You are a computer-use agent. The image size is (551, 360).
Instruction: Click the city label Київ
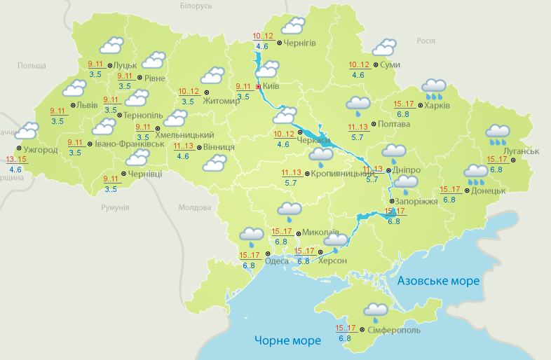tap(271, 87)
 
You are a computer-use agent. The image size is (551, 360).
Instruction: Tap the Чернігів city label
tap(301, 43)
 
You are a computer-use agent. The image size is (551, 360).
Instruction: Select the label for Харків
tap(437, 106)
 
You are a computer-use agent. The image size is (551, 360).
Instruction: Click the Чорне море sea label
tap(287, 340)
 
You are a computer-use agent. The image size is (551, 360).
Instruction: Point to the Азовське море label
tap(438, 281)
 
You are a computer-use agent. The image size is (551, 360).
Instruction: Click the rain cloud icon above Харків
tap(435, 88)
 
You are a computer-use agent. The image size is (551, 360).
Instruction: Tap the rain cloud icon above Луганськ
tap(498, 133)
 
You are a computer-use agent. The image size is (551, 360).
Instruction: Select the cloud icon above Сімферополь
tap(376, 310)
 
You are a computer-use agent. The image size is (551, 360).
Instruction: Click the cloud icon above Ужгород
tap(27, 130)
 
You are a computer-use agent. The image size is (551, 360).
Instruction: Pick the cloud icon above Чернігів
tap(293, 27)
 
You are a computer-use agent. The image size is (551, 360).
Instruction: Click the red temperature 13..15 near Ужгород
tap(16, 160)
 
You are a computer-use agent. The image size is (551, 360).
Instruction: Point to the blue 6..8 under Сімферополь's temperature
tap(345, 339)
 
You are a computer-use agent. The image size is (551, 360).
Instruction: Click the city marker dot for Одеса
tap(268, 244)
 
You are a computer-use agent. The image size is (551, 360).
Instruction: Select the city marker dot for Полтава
tap(373, 126)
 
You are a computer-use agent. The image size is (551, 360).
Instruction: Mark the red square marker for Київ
tap(258, 87)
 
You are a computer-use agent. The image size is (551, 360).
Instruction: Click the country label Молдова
tap(194, 208)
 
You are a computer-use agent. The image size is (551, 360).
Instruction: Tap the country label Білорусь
tap(196, 6)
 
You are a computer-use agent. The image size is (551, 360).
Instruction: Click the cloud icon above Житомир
tap(212, 75)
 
